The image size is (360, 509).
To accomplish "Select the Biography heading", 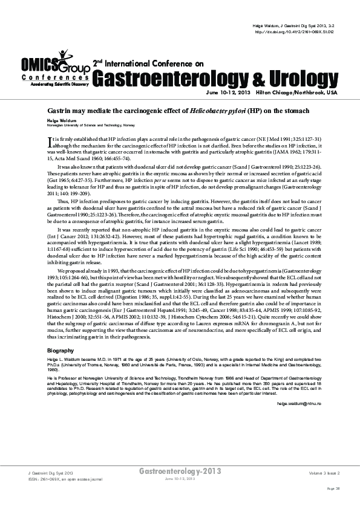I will click(61, 351).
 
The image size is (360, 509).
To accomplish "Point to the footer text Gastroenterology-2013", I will click(180, 470).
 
